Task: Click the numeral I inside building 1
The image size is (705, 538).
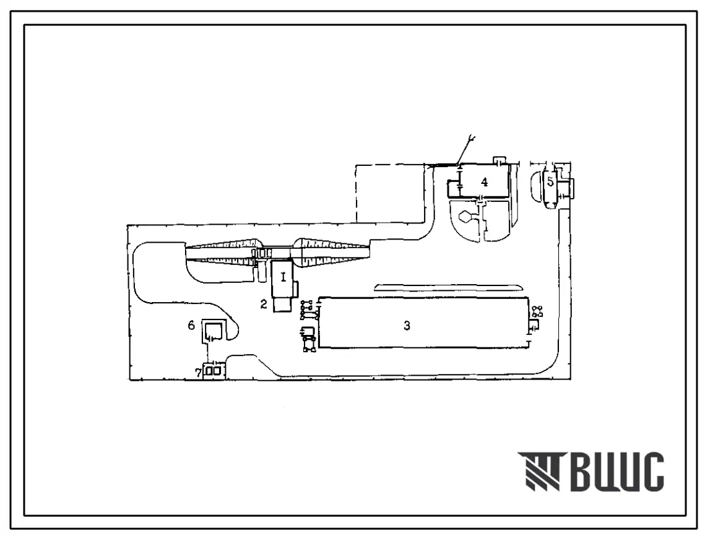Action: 283,277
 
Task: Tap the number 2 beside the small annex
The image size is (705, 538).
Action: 264,304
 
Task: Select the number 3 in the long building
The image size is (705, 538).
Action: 407,325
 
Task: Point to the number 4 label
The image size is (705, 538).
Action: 484,182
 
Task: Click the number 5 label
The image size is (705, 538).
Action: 550,182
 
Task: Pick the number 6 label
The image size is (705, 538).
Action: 191,325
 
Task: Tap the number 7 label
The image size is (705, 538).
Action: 198,373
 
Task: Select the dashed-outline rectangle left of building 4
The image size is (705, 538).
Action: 390,193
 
